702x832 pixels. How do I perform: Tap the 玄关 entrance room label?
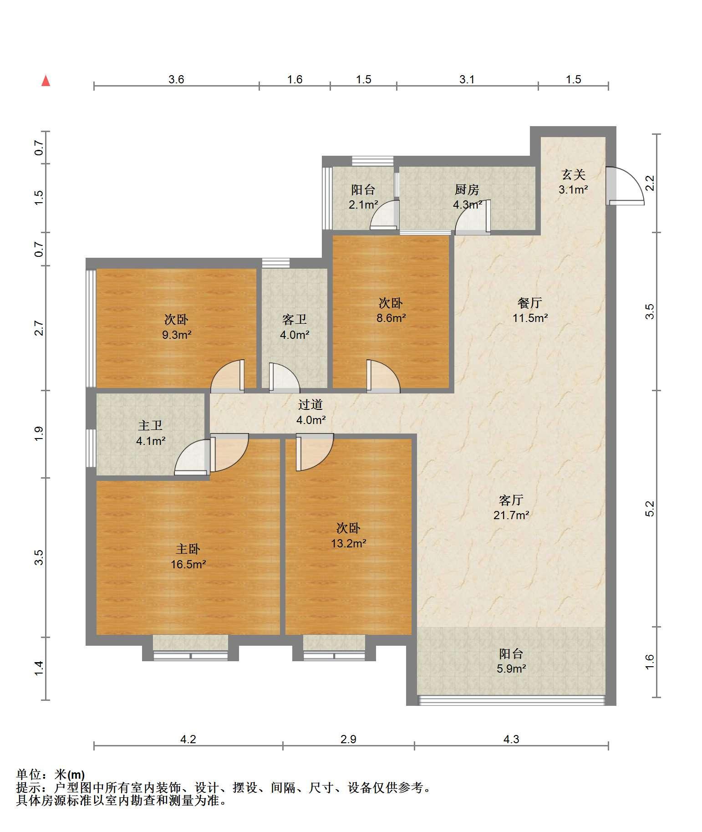tap(573, 174)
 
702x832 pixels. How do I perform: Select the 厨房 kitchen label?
tap(467, 189)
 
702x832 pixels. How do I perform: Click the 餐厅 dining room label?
tap(530, 303)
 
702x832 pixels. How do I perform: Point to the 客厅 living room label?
tap(511, 500)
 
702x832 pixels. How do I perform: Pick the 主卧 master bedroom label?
tap(188, 549)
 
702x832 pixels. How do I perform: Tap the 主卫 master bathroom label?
tap(150, 425)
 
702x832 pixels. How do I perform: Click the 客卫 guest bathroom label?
tap(295, 320)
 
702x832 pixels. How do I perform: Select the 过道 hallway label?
tap(310, 404)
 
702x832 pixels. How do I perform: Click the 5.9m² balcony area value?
tap(511, 669)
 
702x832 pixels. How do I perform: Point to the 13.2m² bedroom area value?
tap(349, 543)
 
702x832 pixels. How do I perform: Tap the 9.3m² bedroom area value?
tap(177, 335)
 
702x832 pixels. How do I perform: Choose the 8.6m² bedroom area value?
tap(391, 318)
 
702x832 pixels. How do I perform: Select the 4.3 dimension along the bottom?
tap(511, 739)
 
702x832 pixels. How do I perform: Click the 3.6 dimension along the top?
tap(176, 80)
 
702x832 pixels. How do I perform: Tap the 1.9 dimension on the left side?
tap(39, 433)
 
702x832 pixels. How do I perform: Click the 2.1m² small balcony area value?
tap(363, 204)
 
